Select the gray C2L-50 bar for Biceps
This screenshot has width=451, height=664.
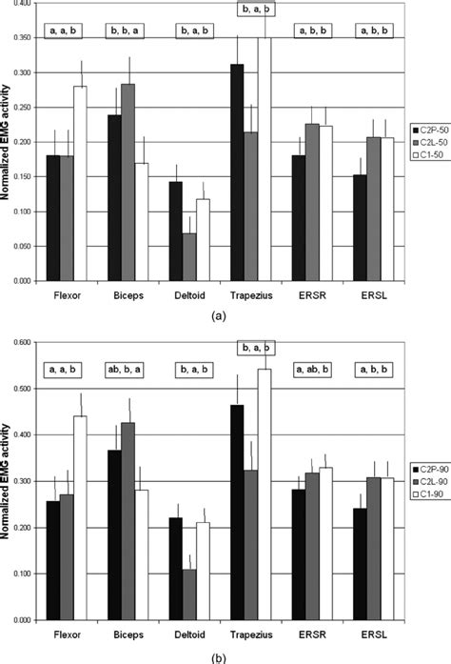[128, 182]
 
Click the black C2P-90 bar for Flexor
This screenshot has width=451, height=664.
[53, 561]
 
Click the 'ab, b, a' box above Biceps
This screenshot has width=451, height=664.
[127, 368]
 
